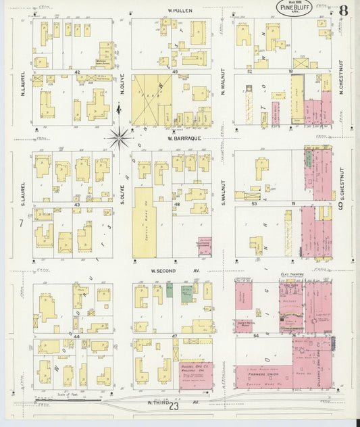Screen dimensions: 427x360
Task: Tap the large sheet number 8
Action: [344, 10]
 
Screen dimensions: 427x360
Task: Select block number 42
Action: [77, 72]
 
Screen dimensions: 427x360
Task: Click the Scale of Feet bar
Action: [71, 399]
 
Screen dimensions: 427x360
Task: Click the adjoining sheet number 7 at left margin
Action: [22, 223]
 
